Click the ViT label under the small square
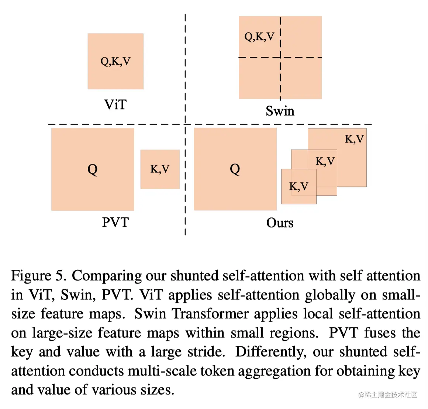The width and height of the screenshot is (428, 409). (x=115, y=104)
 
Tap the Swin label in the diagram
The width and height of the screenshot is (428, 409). (x=280, y=111)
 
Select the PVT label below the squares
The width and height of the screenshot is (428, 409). (x=115, y=222)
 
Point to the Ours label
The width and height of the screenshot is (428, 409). (x=280, y=223)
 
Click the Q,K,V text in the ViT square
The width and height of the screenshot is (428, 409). (x=115, y=61)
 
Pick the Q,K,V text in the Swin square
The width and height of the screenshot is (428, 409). (x=259, y=37)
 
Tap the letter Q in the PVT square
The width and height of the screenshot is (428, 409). (x=92, y=169)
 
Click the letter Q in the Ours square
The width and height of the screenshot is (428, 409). (x=235, y=169)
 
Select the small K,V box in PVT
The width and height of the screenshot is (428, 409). (x=160, y=169)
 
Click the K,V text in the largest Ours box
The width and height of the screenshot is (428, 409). (x=354, y=139)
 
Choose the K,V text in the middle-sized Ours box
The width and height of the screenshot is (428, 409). (x=325, y=161)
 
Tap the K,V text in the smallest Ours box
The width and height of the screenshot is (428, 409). (x=298, y=186)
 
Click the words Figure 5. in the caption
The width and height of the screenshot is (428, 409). (x=38, y=276)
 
